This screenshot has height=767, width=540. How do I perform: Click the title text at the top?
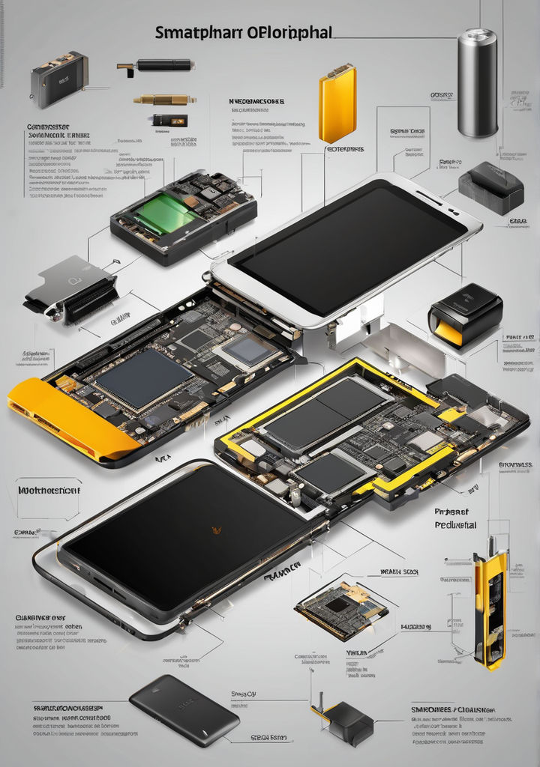tap(243, 33)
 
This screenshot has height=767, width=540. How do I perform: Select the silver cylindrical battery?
tap(478, 82)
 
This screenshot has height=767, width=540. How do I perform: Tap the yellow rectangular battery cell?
tap(337, 104)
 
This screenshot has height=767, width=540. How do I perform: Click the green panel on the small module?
tap(167, 213)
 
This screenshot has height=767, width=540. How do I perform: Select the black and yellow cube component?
tap(465, 315)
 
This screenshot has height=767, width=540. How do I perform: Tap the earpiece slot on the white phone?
tap(430, 198)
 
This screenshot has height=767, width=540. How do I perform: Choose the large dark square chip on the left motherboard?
tap(142, 379)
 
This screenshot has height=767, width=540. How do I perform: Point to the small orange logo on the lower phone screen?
tap(217, 530)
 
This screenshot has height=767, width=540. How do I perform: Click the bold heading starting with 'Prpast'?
tap(454, 518)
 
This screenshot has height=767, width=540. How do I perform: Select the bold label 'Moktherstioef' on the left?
tap(49, 491)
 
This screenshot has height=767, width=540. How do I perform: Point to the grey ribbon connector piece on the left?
tap(71, 288)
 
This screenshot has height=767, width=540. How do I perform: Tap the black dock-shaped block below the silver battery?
tap(490, 187)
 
